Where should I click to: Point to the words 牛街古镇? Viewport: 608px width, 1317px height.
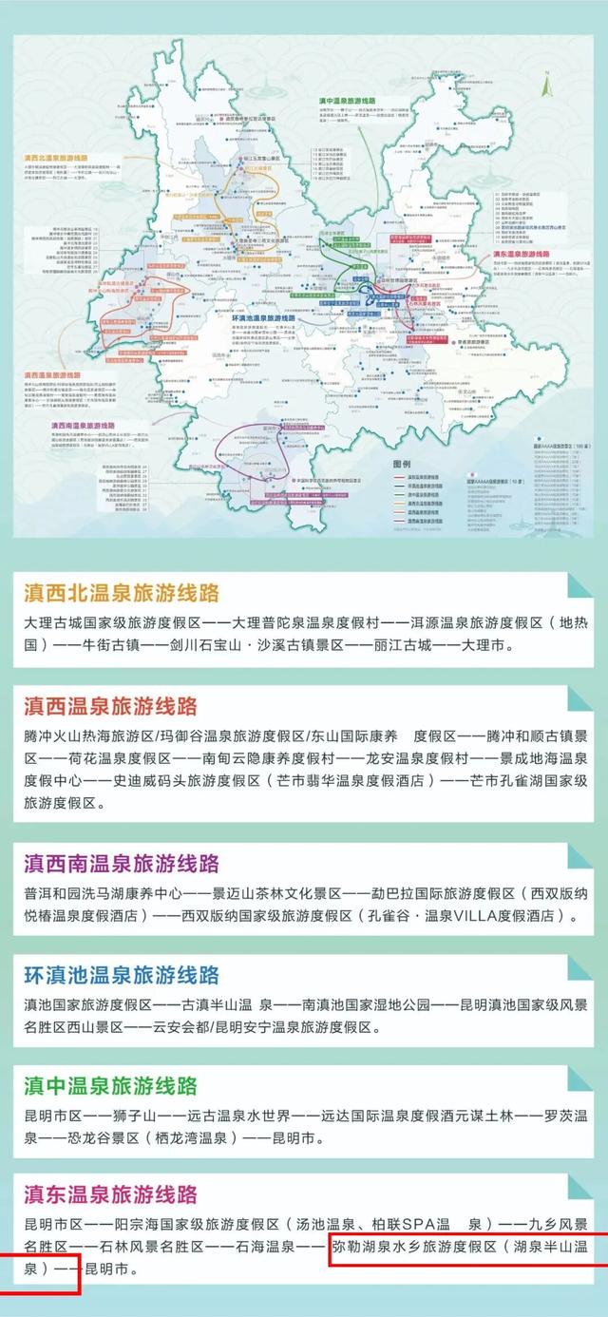tap(113, 644)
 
